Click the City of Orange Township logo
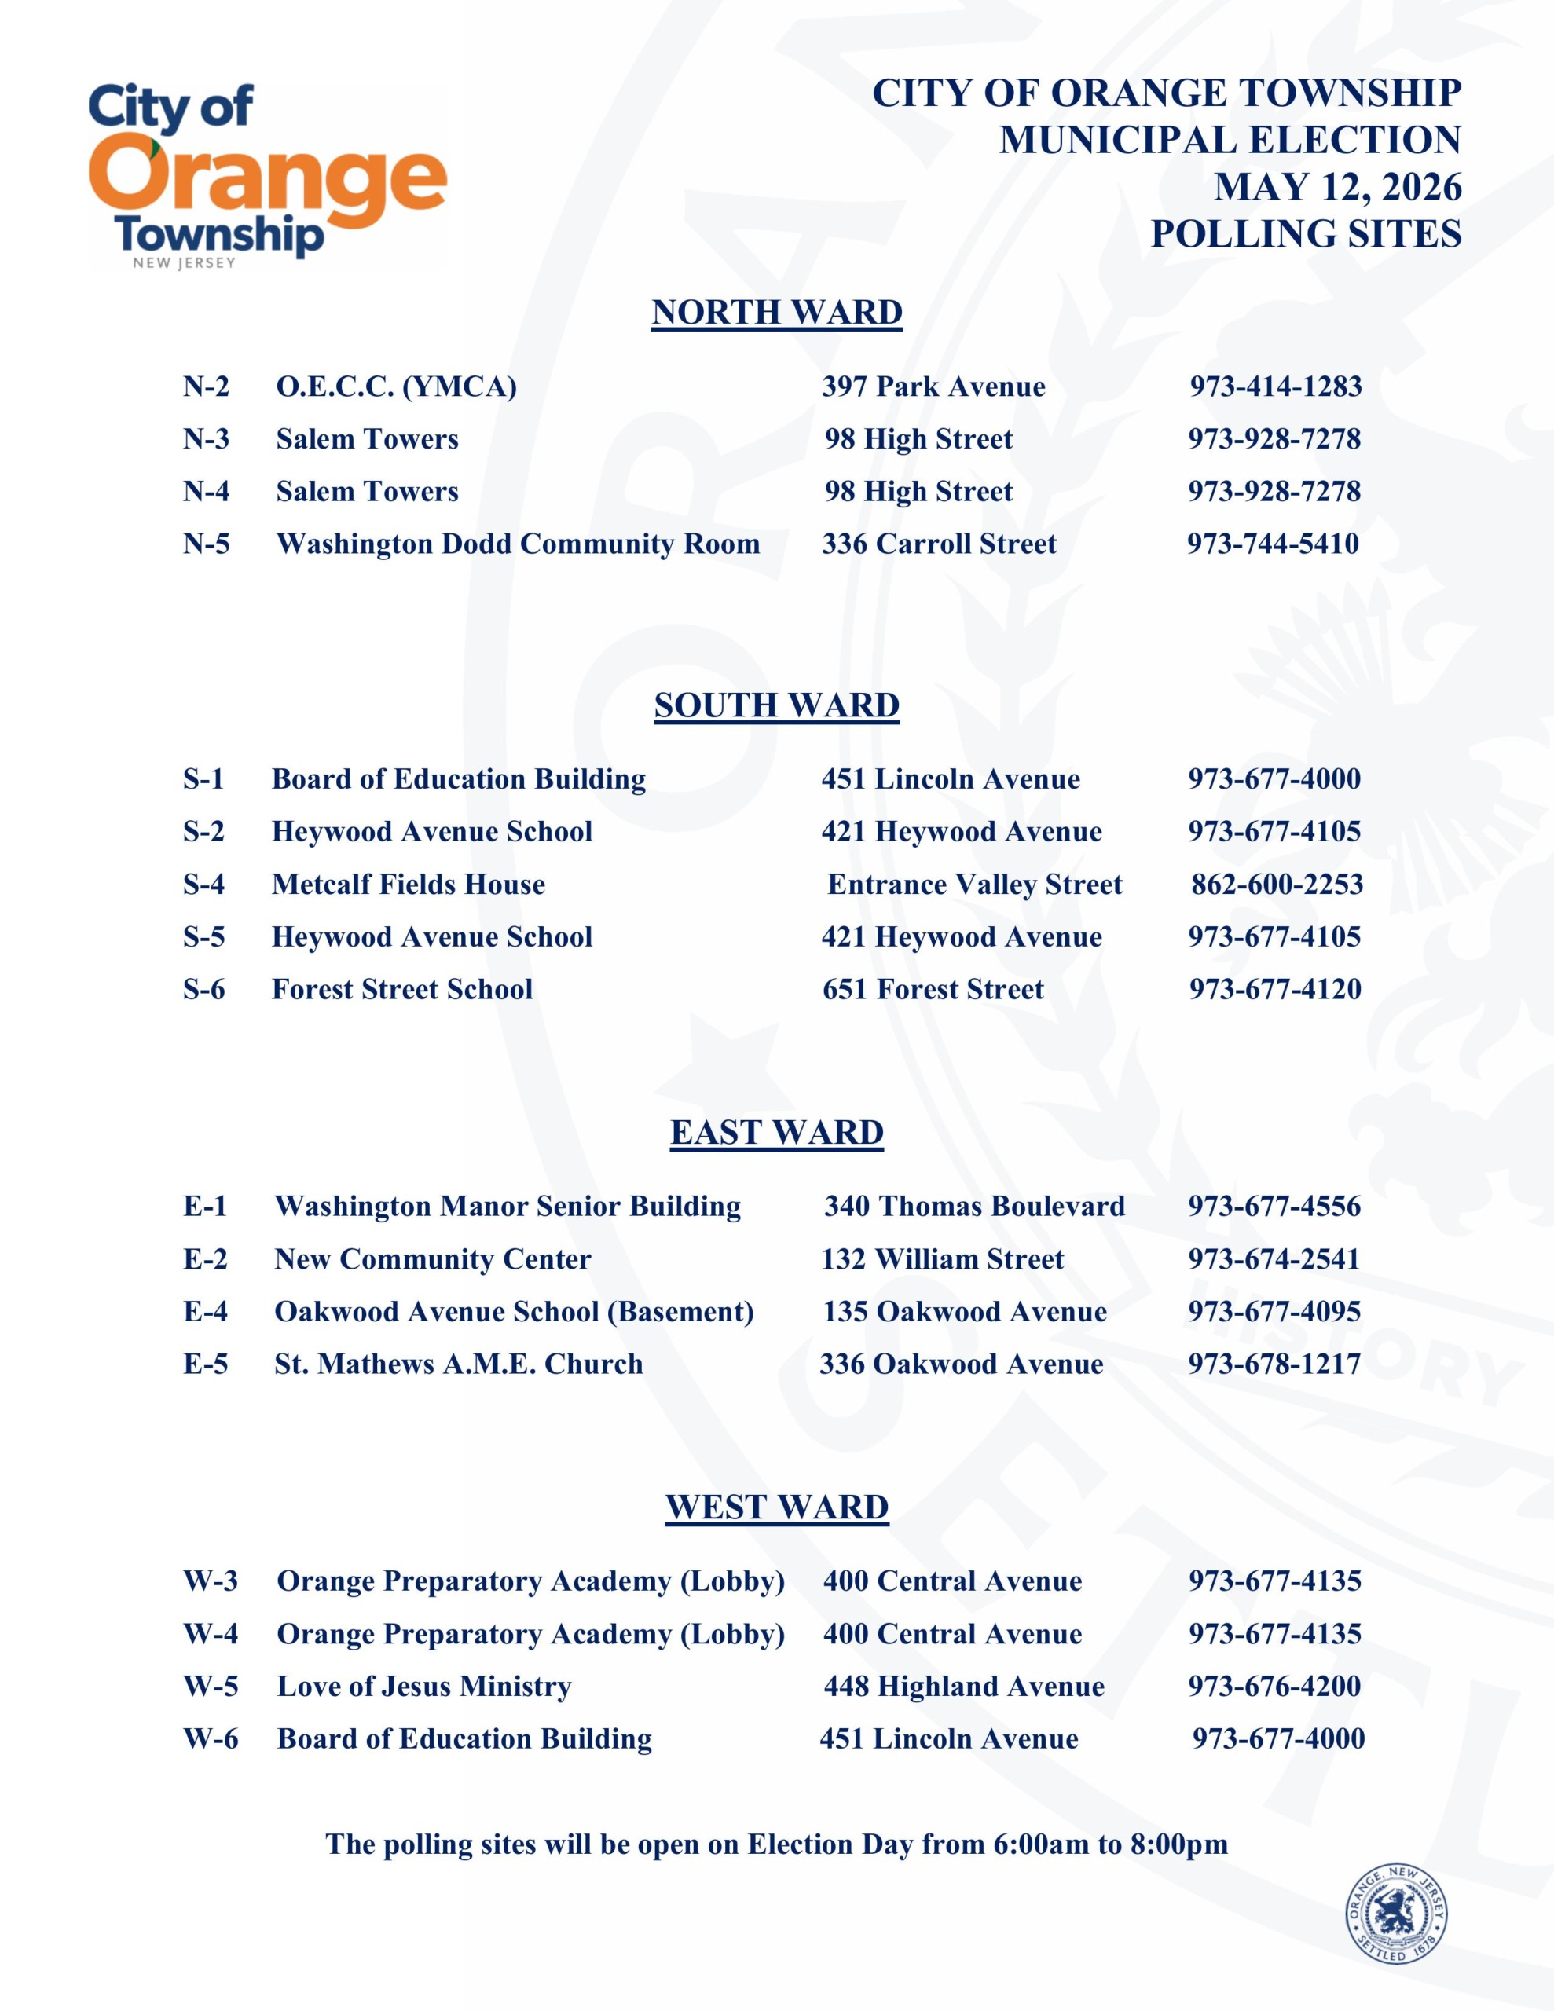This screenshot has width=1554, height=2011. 267,175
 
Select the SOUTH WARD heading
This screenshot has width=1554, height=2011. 776,705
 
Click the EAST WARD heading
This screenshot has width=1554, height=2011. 776,1133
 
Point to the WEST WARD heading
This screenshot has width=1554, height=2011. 776,1507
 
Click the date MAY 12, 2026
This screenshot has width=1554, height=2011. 1336,187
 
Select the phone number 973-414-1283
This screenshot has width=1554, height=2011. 1275,386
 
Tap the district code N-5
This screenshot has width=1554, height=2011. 207,544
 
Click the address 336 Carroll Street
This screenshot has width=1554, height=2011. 939,544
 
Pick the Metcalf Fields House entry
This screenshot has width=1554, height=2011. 408,885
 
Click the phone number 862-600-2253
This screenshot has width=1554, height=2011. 1277,885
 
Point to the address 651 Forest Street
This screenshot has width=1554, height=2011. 933,990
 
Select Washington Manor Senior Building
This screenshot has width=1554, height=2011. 508,1207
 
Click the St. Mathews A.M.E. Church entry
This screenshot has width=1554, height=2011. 459,1364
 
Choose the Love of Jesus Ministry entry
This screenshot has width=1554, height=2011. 425,1687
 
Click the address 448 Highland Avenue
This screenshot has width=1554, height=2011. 963,1687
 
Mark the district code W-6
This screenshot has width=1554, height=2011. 211,1739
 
